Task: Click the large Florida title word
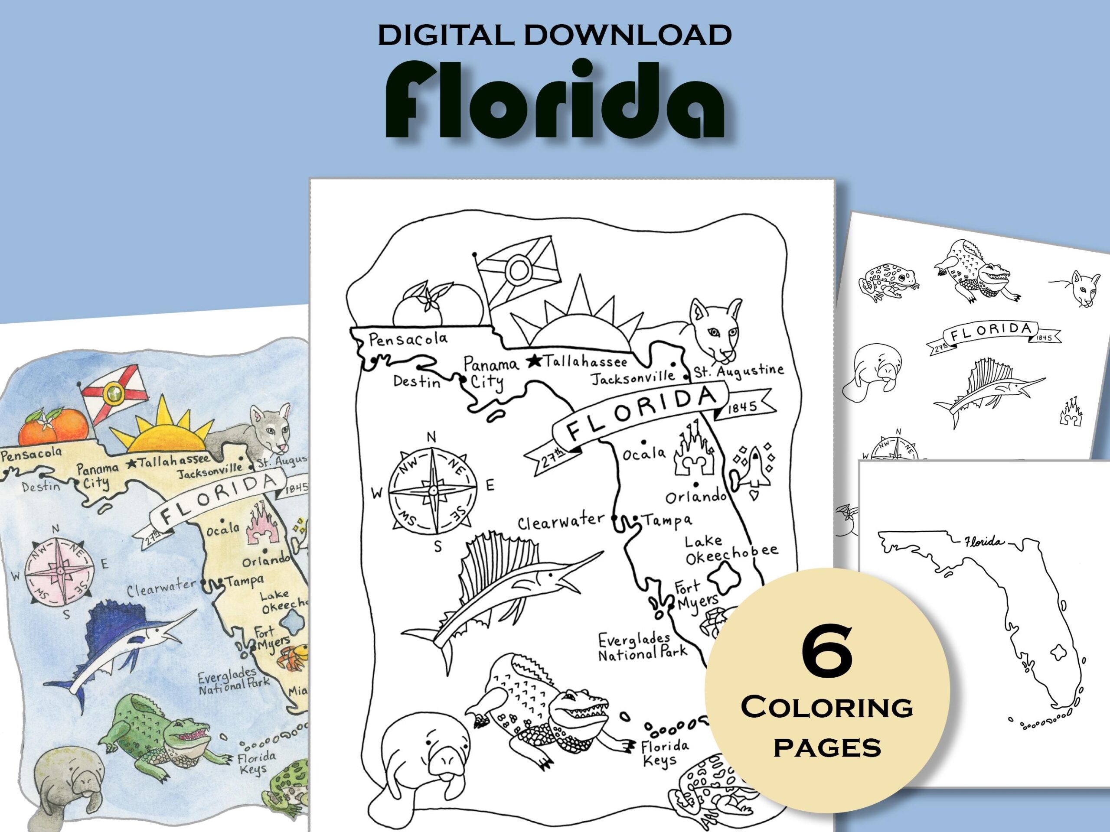pyautogui.click(x=555, y=100)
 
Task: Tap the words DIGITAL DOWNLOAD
pyautogui.click(x=555, y=35)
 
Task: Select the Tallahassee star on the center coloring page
pyautogui.click(x=535, y=360)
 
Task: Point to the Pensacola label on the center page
pyautogui.click(x=408, y=340)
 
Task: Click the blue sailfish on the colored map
pyautogui.click(x=118, y=647)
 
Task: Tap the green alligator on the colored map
pyautogui.click(x=160, y=737)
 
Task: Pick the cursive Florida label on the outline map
pyautogui.click(x=985, y=542)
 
